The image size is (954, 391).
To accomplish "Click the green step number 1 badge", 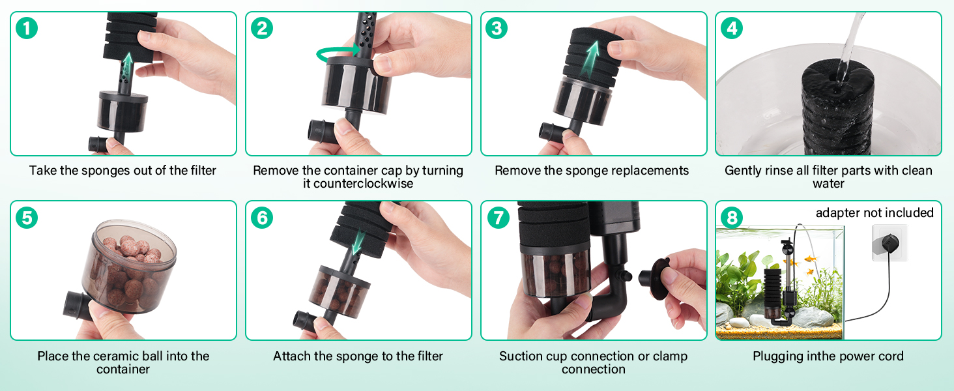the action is [x=27, y=28].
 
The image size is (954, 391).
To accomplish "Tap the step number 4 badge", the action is [x=732, y=28].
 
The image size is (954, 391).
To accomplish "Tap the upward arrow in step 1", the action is [x=127, y=68].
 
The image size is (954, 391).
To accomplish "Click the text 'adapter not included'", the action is [x=874, y=212].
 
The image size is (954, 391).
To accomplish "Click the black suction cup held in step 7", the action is [x=655, y=278].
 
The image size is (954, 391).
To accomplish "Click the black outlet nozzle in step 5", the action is [x=77, y=305].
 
